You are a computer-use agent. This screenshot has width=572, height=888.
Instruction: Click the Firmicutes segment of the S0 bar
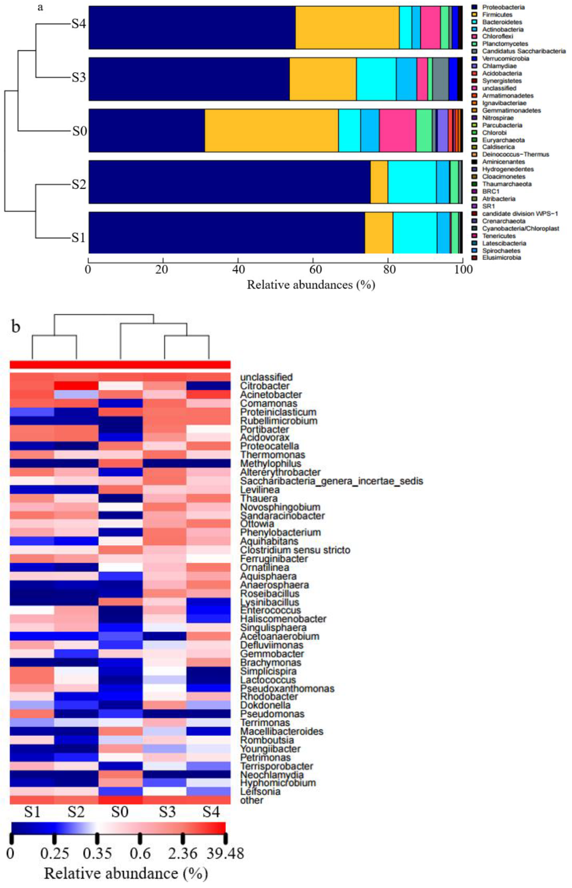pyautogui.click(x=271, y=130)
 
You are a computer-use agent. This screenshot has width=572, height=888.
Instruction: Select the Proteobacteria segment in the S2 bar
pyautogui.click(x=229, y=182)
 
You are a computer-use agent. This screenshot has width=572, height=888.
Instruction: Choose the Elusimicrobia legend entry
pyautogui.click(x=501, y=258)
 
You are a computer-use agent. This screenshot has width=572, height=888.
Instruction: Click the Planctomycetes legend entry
pyautogui.click(x=505, y=44)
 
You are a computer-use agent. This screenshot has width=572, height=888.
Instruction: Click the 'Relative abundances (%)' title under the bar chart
pyautogui.click(x=311, y=285)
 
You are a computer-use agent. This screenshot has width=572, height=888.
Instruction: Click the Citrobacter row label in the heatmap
pyautogui.click(x=265, y=386)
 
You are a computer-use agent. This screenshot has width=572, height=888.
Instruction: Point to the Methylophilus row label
pyautogui.click(x=270, y=464)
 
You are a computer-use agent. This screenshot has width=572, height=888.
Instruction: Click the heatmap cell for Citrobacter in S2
pyautogui.click(x=76, y=386)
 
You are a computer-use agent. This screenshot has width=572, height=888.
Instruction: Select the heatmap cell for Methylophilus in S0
pyautogui.click(x=120, y=464)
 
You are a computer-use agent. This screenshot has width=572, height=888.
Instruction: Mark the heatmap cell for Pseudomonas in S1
pyautogui.click(x=32, y=714)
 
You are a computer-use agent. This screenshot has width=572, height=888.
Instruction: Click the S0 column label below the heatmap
pyautogui.click(x=120, y=812)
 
